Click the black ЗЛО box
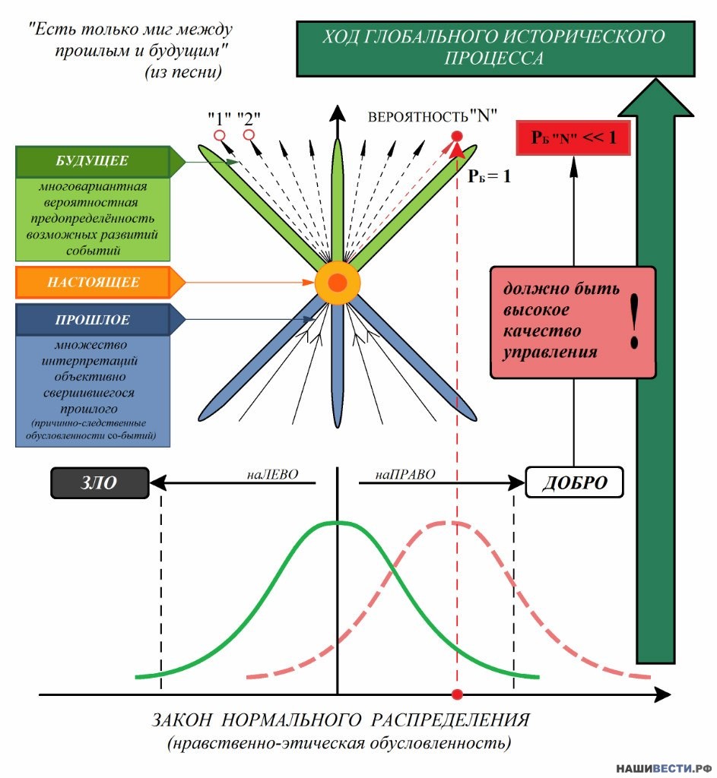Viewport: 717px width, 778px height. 100,482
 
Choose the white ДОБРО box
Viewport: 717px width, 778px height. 574,482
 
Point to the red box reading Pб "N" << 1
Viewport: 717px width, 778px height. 573,138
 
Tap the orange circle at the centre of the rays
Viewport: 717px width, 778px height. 338,283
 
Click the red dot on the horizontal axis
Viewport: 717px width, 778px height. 457,694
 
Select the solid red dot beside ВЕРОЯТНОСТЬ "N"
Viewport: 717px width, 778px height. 457,137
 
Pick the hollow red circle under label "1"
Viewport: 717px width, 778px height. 219,135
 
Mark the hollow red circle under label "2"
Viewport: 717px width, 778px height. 249,135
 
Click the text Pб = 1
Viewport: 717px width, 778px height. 489,176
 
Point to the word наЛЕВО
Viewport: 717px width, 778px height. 273,474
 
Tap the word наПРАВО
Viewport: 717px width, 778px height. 405,474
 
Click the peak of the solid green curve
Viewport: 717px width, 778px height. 338,522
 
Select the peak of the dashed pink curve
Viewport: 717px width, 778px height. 450,523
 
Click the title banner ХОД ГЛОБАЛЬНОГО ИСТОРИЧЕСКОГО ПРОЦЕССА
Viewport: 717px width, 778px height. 496,49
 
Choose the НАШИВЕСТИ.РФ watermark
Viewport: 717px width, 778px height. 664,769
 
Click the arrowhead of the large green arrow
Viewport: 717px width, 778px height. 656,98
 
